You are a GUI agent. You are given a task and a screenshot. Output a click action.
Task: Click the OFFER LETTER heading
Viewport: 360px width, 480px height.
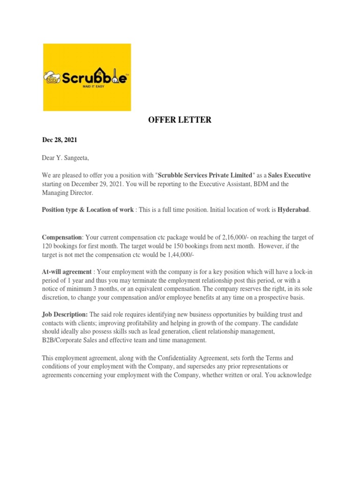tap(180, 120)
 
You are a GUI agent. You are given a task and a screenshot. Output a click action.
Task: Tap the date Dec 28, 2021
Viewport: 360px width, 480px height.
tap(60, 140)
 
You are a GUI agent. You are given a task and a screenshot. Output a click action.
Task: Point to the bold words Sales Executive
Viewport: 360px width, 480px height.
tap(289, 175)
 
